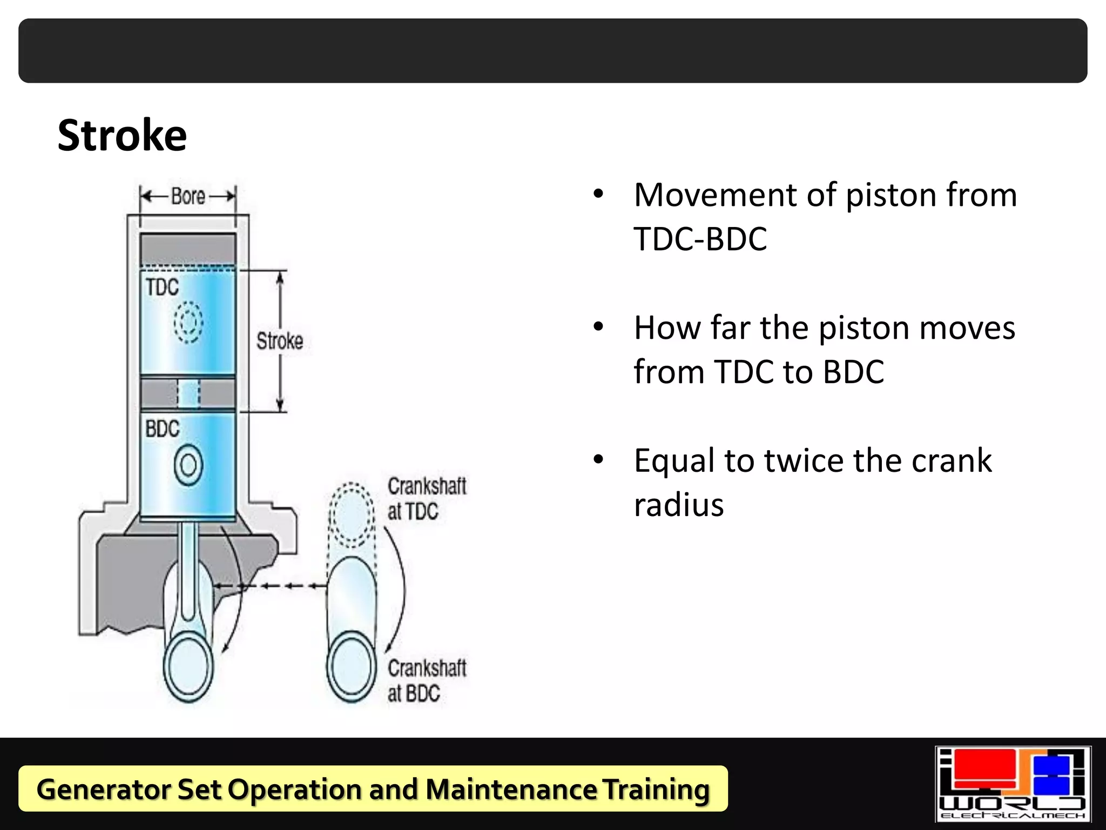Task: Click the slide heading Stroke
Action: coord(122,135)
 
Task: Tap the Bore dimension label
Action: coord(188,196)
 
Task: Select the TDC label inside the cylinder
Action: coord(162,287)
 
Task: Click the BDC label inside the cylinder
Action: coord(162,429)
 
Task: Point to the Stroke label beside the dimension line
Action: coord(279,341)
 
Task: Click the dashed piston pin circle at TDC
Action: coord(188,322)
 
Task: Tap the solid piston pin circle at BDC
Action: coord(188,465)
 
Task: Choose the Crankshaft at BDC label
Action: coord(426,680)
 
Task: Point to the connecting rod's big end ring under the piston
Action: coord(188,668)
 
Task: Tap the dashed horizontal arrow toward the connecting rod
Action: coord(270,586)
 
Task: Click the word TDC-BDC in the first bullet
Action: coord(700,239)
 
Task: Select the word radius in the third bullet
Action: coord(678,505)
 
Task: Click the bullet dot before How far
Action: coord(598,327)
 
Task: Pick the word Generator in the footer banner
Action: coord(103,789)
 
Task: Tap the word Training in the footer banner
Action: coord(656,789)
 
